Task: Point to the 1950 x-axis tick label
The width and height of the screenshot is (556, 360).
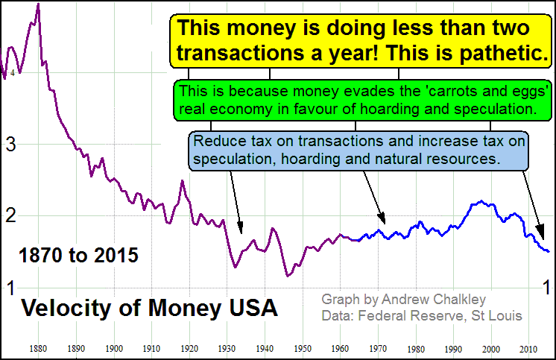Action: click(x=303, y=348)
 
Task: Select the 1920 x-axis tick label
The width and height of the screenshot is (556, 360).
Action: click(x=189, y=348)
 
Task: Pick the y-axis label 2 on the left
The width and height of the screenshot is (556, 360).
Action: click(x=10, y=216)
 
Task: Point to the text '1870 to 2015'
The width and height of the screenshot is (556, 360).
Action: click(x=78, y=256)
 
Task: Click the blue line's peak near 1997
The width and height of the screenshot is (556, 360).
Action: click(x=481, y=200)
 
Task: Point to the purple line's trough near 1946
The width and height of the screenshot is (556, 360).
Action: click(x=288, y=276)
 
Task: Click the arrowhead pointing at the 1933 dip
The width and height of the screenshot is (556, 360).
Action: click(x=240, y=229)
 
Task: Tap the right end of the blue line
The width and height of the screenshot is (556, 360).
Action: click(x=549, y=251)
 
